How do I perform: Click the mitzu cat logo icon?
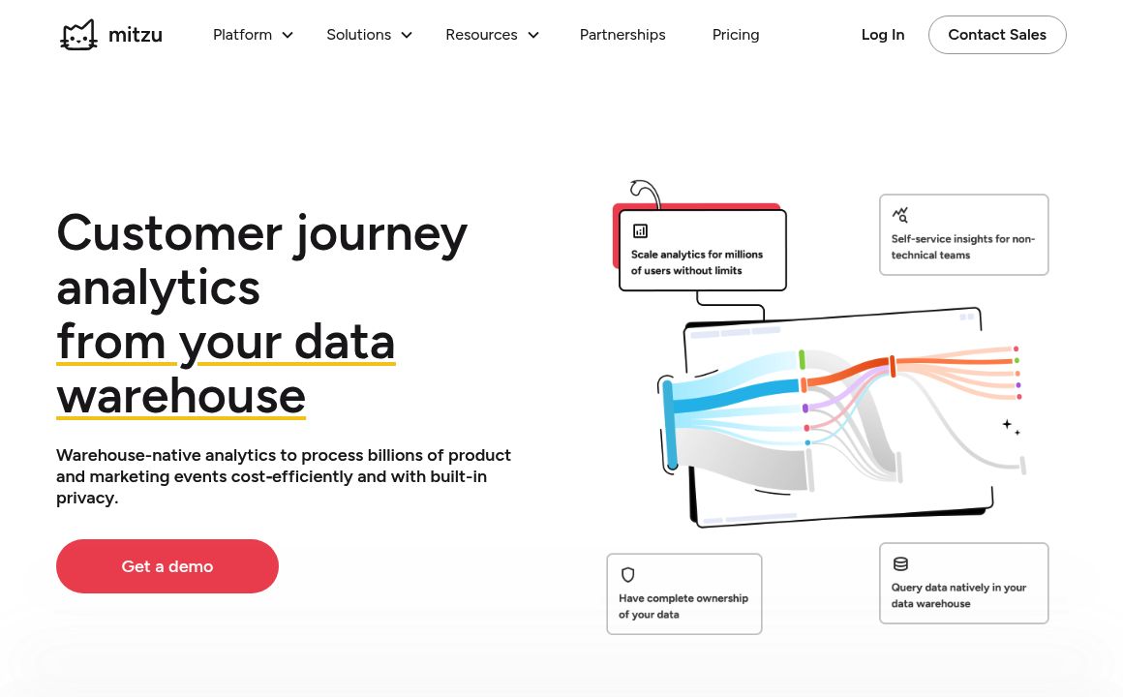78,35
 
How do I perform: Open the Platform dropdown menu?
253,35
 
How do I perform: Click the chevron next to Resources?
532,35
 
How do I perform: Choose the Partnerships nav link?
622,35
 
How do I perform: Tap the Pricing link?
736,35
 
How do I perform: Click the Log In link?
882,35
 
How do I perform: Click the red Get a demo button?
167,566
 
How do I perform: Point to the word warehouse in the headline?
181,396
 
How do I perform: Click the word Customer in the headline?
169,233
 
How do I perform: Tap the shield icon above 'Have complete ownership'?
628,574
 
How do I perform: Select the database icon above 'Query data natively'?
900,564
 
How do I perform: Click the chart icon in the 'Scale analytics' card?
640,230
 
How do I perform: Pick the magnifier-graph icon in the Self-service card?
900,214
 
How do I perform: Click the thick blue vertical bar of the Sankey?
670,426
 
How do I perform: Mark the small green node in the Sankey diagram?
803,359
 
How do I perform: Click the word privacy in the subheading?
87,499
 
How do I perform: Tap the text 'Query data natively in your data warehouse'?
958,595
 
